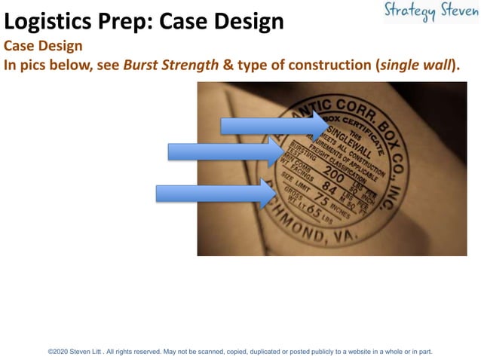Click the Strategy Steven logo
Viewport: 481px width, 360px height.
point(430,12)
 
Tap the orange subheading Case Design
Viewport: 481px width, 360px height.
point(43,46)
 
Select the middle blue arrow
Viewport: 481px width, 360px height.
point(226,152)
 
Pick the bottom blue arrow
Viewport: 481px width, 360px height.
point(215,194)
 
